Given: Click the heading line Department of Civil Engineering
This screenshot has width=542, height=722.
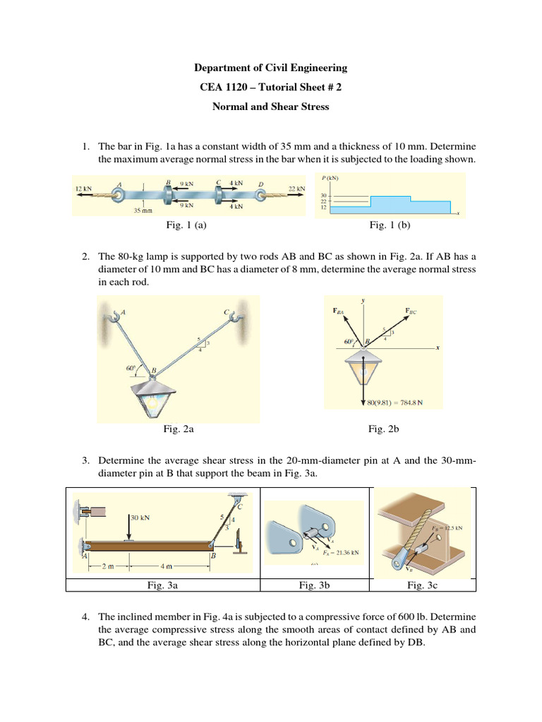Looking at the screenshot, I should tap(271, 68).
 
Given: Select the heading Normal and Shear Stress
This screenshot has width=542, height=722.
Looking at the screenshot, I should tap(271, 108).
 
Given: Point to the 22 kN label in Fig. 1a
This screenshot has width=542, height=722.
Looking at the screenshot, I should tap(297, 188).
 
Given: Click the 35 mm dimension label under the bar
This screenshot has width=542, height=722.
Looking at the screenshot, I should tap(143, 210).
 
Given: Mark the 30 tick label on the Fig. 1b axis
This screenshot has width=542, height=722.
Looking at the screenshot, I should tap(324, 195).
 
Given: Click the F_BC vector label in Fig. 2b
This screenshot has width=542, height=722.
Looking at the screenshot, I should tap(412, 310).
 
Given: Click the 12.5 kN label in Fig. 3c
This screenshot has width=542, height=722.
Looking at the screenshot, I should tap(453, 527).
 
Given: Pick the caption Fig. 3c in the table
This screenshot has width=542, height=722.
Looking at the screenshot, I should tap(425, 585).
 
